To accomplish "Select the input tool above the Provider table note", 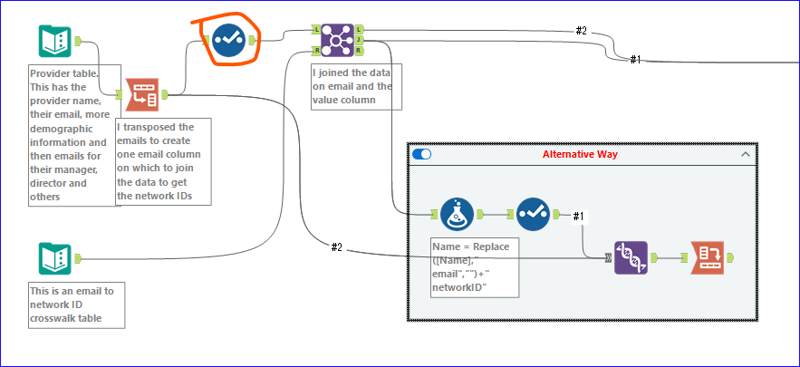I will (x=55, y=41).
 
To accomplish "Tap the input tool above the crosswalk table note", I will (x=55, y=258).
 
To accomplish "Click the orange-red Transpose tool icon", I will (x=141, y=93).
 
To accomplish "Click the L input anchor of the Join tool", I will (x=316, y=30).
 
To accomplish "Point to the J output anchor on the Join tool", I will (x=359, y=39).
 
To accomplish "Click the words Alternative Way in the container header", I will (x=581, y=154).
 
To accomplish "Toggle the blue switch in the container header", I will (x=421, y=154).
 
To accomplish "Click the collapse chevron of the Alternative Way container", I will (x=746, y=154).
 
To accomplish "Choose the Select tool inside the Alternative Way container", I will (x=534, y=215).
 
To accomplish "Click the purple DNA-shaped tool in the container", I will (x=631, y=258).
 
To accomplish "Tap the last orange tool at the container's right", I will (x=708, y=258).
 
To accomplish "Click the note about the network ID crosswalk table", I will (x=76, y=304).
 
